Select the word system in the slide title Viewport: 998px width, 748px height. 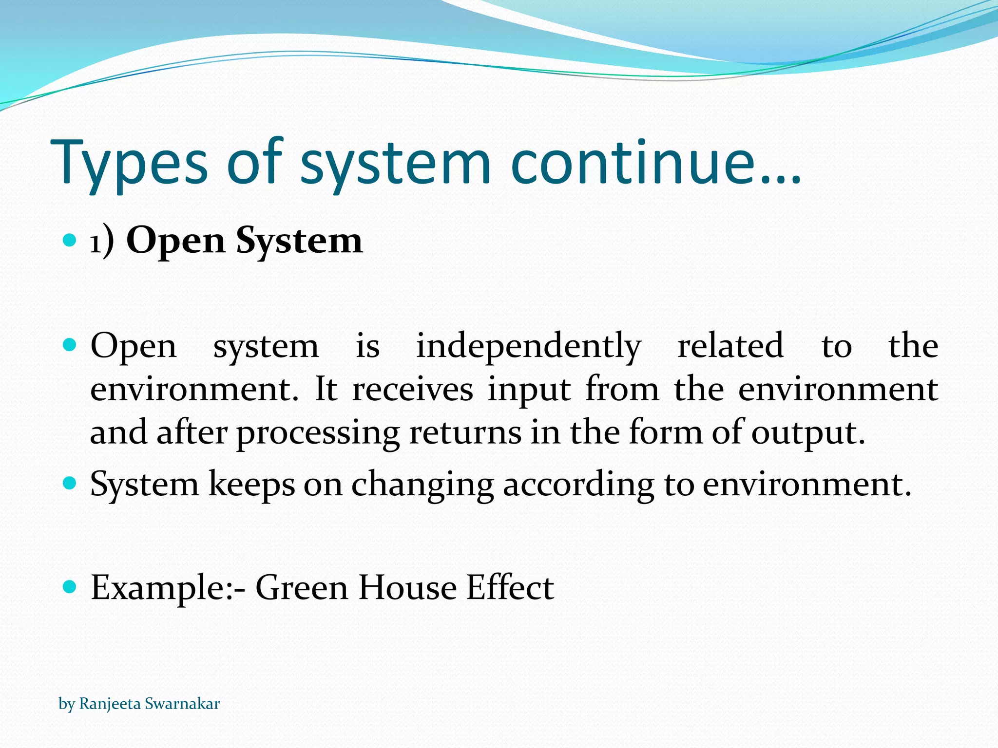pyautogui.click(x=395, y=164)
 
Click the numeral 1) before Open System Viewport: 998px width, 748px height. pyautogui.click(x=102, y=241)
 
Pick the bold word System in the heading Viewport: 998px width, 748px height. pyautogui.click(x=299, y=241)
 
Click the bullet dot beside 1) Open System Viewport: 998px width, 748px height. pyautogui.click(x=70, y=240)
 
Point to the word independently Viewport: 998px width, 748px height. pyautogui.click(x=528, y=346)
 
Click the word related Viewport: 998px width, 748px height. pyautogui.click(x=730, y=346)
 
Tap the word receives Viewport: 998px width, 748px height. pyautogui.click(x=412, y=389)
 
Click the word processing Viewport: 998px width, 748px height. pyautogui.click(x=318, y=433)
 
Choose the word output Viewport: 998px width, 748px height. pyautogui.click(x=807, y=433)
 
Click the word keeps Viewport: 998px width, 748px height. pyautogui.click(x=251, y=485)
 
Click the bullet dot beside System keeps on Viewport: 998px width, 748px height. pyautogui.click(x=70, y=483)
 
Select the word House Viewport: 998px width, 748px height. pyautogui.click(x=407, y=587)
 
